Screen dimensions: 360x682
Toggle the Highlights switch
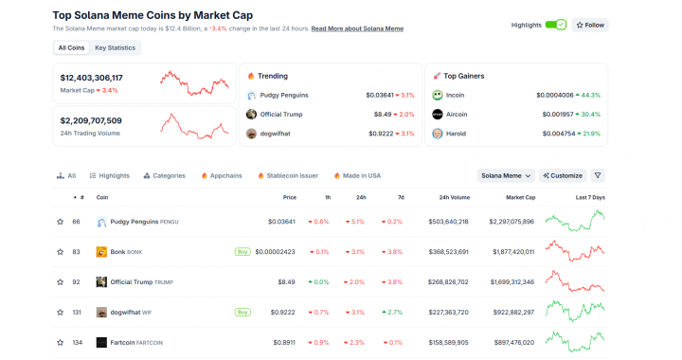point(555,25)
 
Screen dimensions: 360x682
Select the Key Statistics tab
point(115,47)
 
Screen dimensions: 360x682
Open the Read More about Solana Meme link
point(356,29)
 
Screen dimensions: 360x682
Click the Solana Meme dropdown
point(505,175)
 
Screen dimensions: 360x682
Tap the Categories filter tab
point(164,175)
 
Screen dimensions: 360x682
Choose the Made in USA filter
point(357,175)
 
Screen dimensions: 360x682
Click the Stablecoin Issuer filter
point(287,175)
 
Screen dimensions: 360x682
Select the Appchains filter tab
point(222,175)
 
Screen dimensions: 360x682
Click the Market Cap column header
point(520,197)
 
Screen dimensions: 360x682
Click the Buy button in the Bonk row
point(243,252)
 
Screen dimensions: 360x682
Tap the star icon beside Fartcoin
point(60,342)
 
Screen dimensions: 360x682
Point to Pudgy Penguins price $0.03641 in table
point(281,222)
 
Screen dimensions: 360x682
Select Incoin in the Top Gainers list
point(456,95)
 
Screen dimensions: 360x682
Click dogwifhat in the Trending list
point(274,134)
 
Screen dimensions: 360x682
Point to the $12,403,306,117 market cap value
point(92,78)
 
